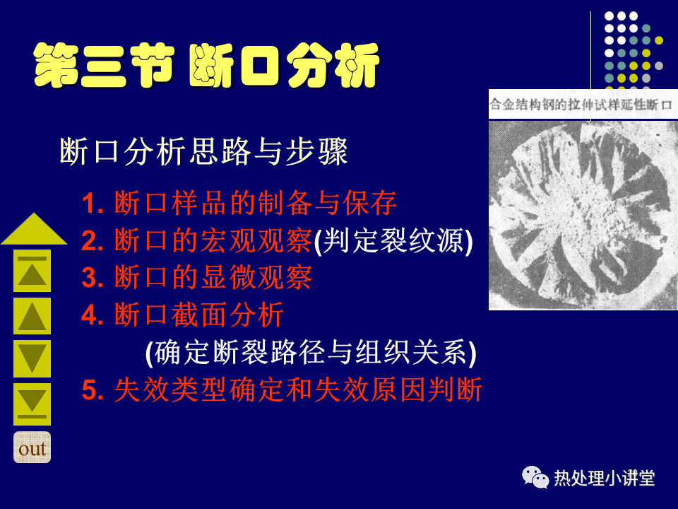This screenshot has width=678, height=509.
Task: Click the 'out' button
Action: [x=32, y=447]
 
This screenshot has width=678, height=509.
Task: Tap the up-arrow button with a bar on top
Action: [x=32, y=271]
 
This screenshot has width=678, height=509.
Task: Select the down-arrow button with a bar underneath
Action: [x=32, y=404]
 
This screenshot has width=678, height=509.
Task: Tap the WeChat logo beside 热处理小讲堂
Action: [x=535, y=477]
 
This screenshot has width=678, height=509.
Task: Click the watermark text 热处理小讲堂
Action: [x=605, y=479]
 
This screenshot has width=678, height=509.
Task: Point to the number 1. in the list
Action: [x=93, y=204]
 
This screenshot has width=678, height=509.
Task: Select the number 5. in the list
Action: [x=93, y=390]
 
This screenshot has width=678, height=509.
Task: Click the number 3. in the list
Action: [x=93, y=277]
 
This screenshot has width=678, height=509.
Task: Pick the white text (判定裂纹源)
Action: [x=393, y=240]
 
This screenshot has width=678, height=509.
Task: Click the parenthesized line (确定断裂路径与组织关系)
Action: [x=311, y=353]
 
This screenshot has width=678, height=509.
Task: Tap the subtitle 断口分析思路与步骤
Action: [x=203, y=151]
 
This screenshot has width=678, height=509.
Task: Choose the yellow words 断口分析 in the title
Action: [x=285, y=65]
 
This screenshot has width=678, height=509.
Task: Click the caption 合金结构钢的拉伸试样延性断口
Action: [x=581, y=105]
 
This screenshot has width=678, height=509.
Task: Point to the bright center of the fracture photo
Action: [x=579, y=208]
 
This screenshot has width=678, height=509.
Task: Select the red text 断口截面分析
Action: [x=199, y=315]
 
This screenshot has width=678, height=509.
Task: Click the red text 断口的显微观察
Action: [x=213, y=277]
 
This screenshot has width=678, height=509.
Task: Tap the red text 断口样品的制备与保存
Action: [x=256, y=203]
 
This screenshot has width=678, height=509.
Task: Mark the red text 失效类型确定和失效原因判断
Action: [x=298, y=390]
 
